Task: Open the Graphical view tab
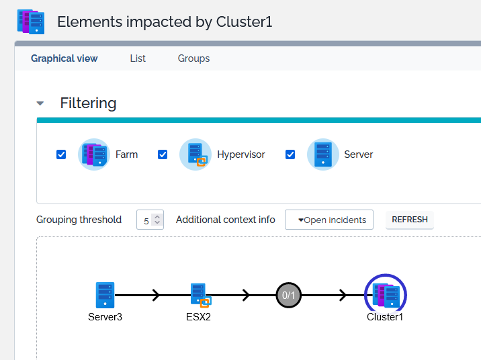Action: pos(64,58)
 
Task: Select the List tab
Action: pos(138,58)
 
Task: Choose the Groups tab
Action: pos(193,58)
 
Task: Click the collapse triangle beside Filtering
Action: pos(40,103)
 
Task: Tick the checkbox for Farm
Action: pos(61,154)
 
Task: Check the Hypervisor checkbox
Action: pos(163,154)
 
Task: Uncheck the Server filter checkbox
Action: pos(290,154)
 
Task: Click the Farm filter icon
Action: pos(94,154)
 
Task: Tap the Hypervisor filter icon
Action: pos(195,154)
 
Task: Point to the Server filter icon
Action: pos(322,154)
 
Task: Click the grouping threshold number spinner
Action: pos(150,220)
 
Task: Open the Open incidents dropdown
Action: pos(329,220)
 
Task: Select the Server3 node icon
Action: pos(105,295)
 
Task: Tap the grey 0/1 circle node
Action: pos(288,295)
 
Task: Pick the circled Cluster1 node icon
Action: pos(386,295)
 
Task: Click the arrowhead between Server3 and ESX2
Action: pos(157,295)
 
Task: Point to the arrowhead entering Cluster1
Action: pos(343,295)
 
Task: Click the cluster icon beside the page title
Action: pos(30,21)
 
